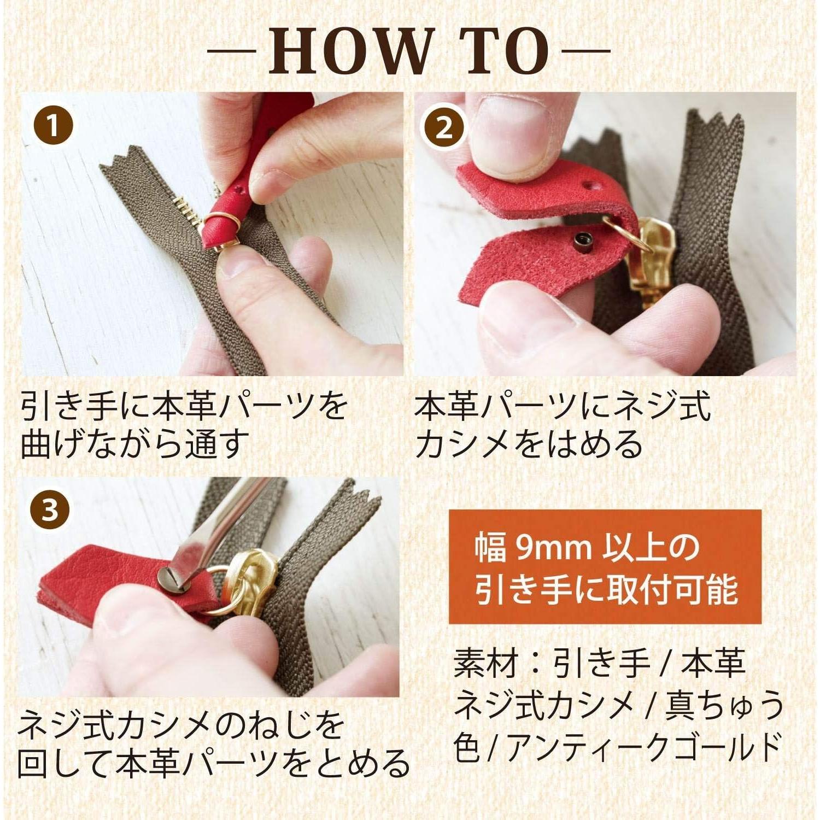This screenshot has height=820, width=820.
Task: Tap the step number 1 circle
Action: point(53,126)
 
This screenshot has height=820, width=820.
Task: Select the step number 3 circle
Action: point(50,511)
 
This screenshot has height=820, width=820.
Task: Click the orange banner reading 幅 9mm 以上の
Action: point(605,567)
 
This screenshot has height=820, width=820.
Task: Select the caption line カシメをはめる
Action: point(529,444)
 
